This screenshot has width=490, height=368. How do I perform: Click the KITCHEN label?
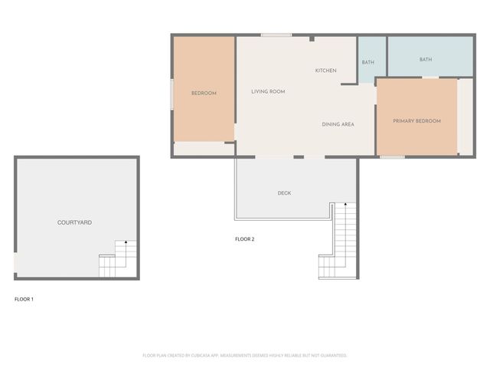pos(325,71)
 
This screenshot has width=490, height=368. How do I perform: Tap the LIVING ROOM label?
pos(268,91)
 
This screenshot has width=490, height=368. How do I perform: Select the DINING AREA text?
pos(338,124)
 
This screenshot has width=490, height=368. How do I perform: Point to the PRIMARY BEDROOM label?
pos(416,121)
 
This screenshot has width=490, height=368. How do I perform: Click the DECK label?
pos(284,193)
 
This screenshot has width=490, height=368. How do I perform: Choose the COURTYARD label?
pos(75,222)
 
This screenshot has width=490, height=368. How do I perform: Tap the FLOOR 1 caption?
pos(24,299)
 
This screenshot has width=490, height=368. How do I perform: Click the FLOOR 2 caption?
pos(244,239)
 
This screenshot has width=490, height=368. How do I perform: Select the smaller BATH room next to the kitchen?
pos(368,62)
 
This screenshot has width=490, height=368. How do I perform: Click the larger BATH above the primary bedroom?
pos(426,59)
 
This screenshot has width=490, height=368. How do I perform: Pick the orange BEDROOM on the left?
pos(204,93)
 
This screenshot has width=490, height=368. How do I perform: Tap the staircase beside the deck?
pos(339,242)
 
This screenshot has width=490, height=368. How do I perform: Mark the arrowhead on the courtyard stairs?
pos(126,243)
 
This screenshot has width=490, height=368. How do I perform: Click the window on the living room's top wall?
pos(276,34)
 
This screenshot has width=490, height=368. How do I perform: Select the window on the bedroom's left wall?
pos(171,92)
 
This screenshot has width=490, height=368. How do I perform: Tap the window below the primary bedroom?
pos(392,157)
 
